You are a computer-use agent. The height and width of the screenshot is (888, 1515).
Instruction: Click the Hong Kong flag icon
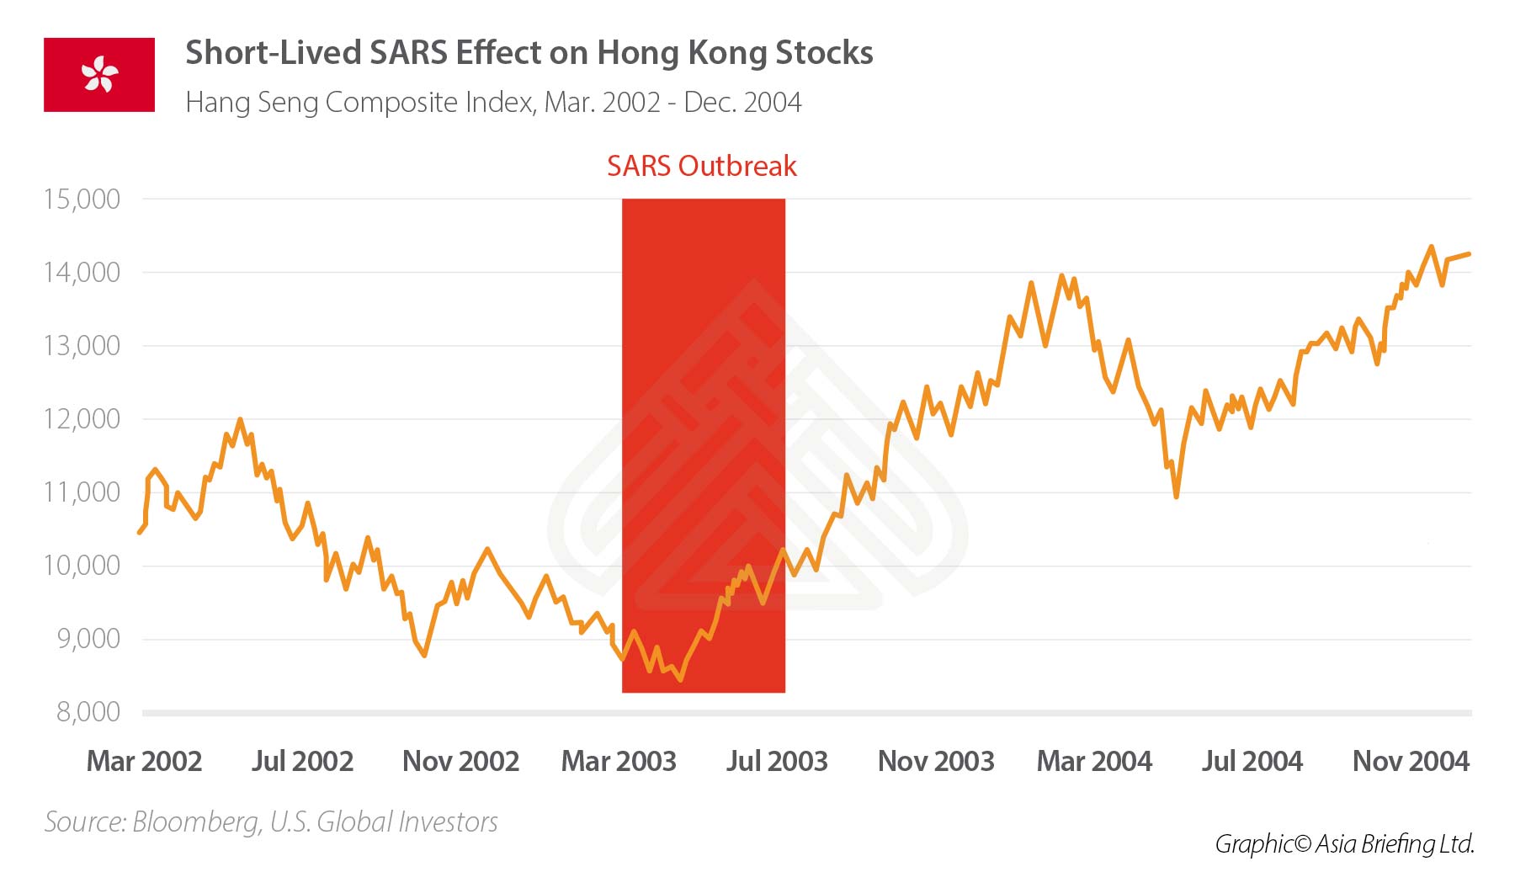[x=99, y=74]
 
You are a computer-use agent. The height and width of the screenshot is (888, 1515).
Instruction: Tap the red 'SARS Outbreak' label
[x=701, y=166]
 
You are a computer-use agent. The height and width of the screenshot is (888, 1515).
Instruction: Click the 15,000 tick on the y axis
[x=82, y=199]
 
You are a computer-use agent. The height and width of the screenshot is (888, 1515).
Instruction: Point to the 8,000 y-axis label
[x=88, y=712]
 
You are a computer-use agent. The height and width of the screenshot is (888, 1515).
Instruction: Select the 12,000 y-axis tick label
[x=82, y=419]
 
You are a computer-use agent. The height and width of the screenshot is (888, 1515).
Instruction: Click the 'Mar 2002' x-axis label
[x=144, y=761]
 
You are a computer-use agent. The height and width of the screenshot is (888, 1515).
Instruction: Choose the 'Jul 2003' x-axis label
[x=777, y=761]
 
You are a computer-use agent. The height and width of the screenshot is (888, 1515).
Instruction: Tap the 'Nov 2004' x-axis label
[x=1411, y=761]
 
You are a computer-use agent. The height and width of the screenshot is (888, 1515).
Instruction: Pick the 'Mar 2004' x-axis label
[x=1094, y=761]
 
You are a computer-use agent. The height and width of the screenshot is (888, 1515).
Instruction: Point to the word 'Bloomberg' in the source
[x=197, y=822]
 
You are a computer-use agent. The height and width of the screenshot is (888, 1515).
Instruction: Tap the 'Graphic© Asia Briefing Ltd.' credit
[x=1344, y=843]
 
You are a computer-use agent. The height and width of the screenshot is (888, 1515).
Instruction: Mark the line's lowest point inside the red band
[x=680, y=679]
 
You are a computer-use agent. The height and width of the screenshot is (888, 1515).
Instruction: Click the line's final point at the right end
[x=1470, y=253]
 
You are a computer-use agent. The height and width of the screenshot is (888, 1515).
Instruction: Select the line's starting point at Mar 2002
[x=140, y=533]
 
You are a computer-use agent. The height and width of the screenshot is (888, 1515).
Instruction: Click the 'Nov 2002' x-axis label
[x=460, y=761]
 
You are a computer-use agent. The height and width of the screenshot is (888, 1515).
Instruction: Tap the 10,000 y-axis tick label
[x=82, y=566]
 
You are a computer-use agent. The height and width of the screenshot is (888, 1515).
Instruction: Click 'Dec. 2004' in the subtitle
[x=742, y=103]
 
